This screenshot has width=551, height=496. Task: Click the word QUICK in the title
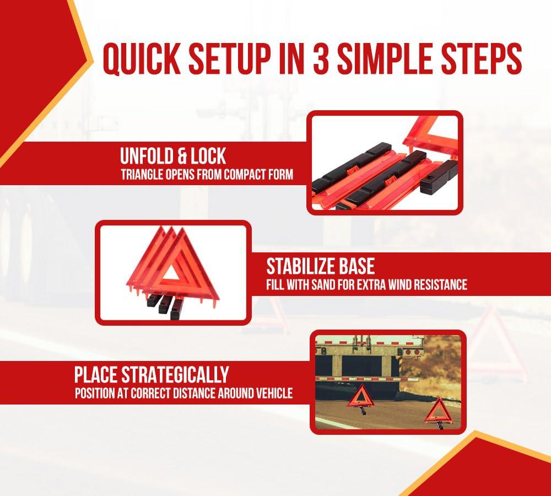[x=141, y=60]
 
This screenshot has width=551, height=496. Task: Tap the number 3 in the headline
[x=321, y=59]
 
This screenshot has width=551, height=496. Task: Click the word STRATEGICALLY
[x=175, y=374]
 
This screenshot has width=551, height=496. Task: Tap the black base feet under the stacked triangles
[x=164, y=305]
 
